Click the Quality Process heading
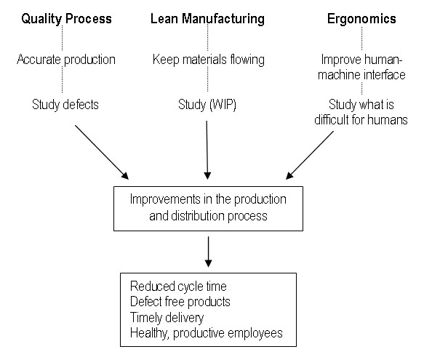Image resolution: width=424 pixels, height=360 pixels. tap(66, 19)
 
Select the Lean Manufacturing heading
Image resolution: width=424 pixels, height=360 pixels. tap(207, 19)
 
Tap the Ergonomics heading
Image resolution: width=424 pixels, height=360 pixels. tap(361, 19)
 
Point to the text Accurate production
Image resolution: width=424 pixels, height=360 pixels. tap(66, 60)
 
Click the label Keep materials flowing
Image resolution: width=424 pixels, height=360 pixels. tap(209, 60)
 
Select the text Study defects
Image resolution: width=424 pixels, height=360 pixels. tap(65, 105)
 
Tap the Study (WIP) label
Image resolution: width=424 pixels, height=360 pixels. tap(207, 105)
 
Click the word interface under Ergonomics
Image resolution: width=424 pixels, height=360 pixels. tap(383, 75)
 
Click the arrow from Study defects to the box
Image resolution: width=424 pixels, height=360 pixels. tap(102, 152)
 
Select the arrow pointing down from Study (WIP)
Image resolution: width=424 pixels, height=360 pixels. tap(207, 150)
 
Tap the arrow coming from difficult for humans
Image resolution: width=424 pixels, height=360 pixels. tap(310, 155)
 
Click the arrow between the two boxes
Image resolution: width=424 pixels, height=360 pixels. tap(208, 252)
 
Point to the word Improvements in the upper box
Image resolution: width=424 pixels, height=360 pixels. tap(165, 199)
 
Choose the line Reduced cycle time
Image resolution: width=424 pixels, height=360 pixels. tap(178, 286)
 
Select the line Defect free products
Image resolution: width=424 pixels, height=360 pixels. tap(180, 302)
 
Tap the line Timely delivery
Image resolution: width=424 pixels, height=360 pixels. tap(167, 318)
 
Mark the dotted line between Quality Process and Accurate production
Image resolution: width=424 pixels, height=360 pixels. tap(63, 38)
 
